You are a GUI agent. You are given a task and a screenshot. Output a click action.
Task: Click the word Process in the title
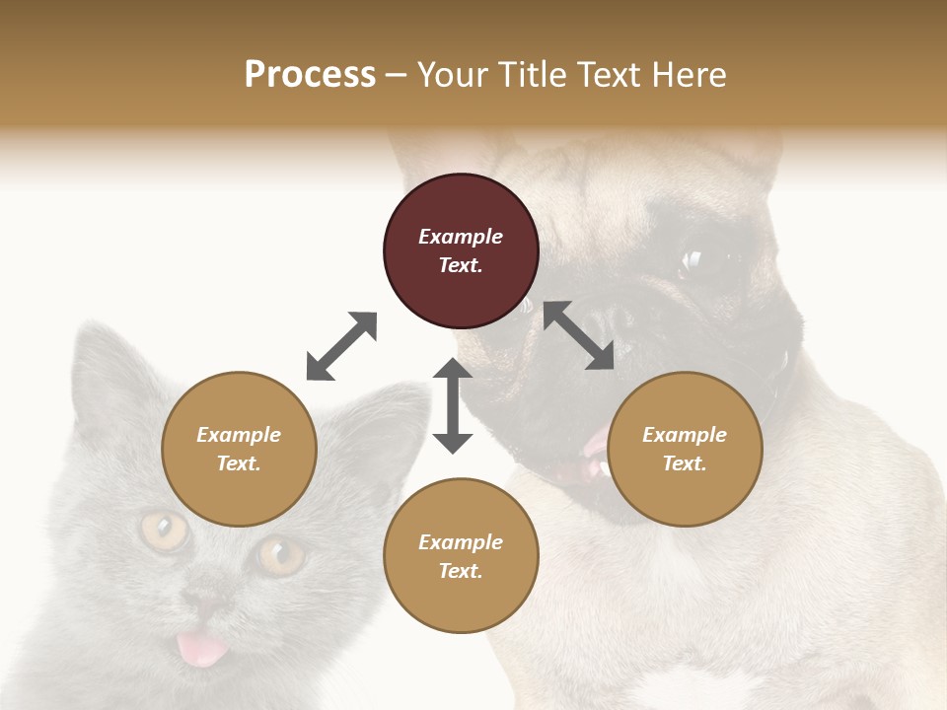coord(310,75)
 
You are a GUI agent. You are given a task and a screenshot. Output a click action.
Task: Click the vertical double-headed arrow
coord(453,405)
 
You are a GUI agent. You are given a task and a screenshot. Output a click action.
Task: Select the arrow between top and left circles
coord(341,346)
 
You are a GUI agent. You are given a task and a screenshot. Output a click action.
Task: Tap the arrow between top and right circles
coord(579,335)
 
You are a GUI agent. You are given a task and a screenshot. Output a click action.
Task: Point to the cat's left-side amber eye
coord(164,531)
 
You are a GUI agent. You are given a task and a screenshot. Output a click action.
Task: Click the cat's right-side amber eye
coord(280,554)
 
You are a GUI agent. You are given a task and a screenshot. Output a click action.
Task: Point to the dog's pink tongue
coord(595,449)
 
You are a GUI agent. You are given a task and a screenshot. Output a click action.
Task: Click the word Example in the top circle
coord(461,237)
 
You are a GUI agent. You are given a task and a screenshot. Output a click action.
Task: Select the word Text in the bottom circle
coord(461,571)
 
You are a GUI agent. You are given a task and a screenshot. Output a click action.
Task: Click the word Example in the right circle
coord(685,435)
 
